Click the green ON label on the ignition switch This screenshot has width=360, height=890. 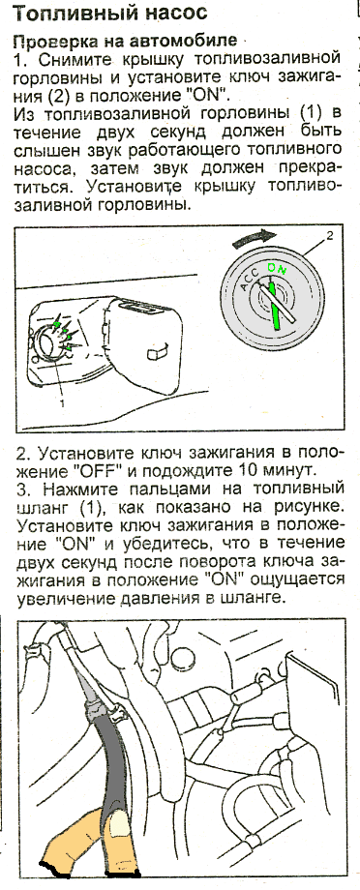click(277, 266)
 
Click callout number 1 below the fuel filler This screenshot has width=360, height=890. click(62, 403)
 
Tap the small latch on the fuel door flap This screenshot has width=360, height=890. click(156, 352)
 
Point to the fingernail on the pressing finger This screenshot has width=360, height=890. click(120, 823)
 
